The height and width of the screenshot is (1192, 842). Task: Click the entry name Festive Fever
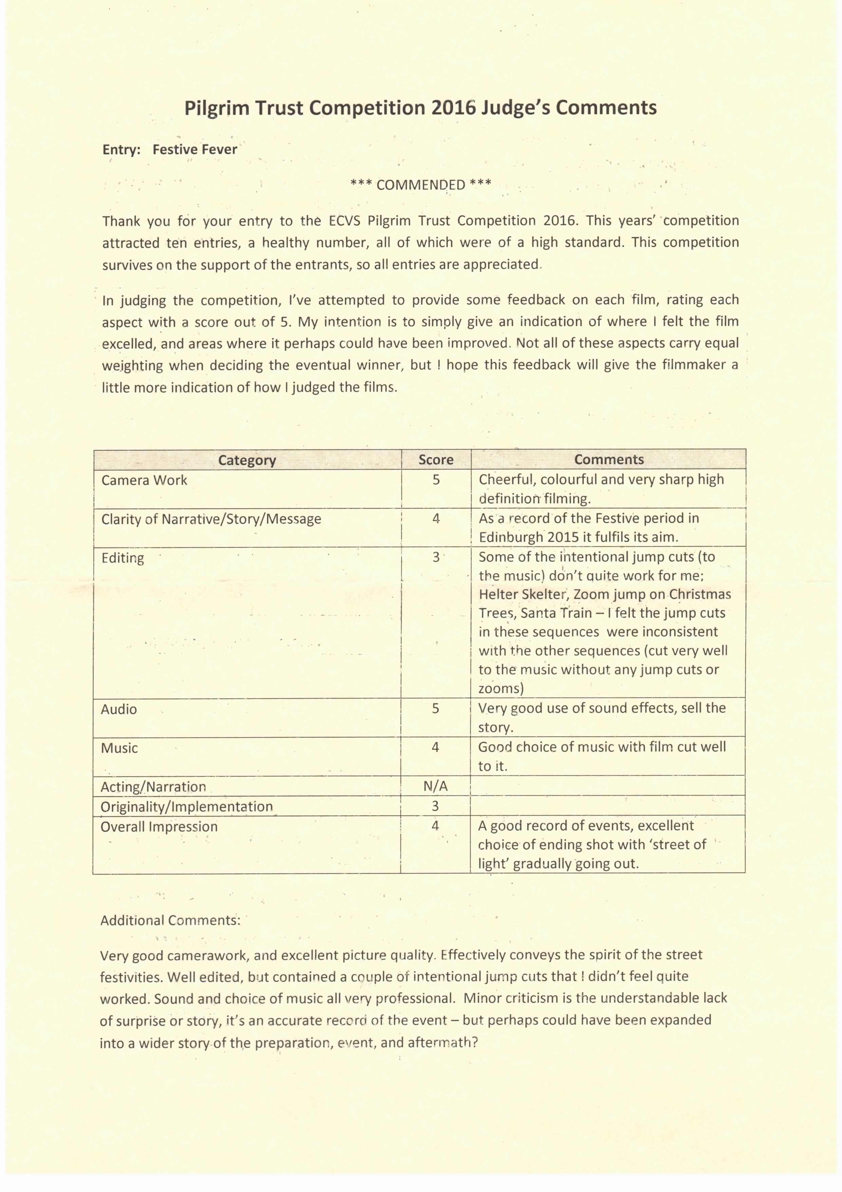click(194, 149)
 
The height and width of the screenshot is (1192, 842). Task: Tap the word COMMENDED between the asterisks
click(420, 185)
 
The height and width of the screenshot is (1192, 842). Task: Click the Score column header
click(436, 459)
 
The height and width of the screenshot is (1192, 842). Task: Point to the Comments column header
click(609, 459)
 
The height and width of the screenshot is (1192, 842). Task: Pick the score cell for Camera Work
click(436, 480)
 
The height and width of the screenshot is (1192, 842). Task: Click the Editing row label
click(123, 558)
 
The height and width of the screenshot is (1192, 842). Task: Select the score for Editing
click(436, 557)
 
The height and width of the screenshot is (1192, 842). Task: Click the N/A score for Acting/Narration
click(435, 787)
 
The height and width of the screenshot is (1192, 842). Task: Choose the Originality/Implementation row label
click(186, 806)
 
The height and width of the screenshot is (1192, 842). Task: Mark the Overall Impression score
click(435, 826)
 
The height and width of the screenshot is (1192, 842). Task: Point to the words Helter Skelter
click(524, 594)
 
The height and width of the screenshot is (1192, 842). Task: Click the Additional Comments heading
click(170, 920)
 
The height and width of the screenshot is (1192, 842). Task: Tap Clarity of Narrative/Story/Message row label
click(211, 519)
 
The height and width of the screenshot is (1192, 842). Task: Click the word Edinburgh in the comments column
click(511, 537)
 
